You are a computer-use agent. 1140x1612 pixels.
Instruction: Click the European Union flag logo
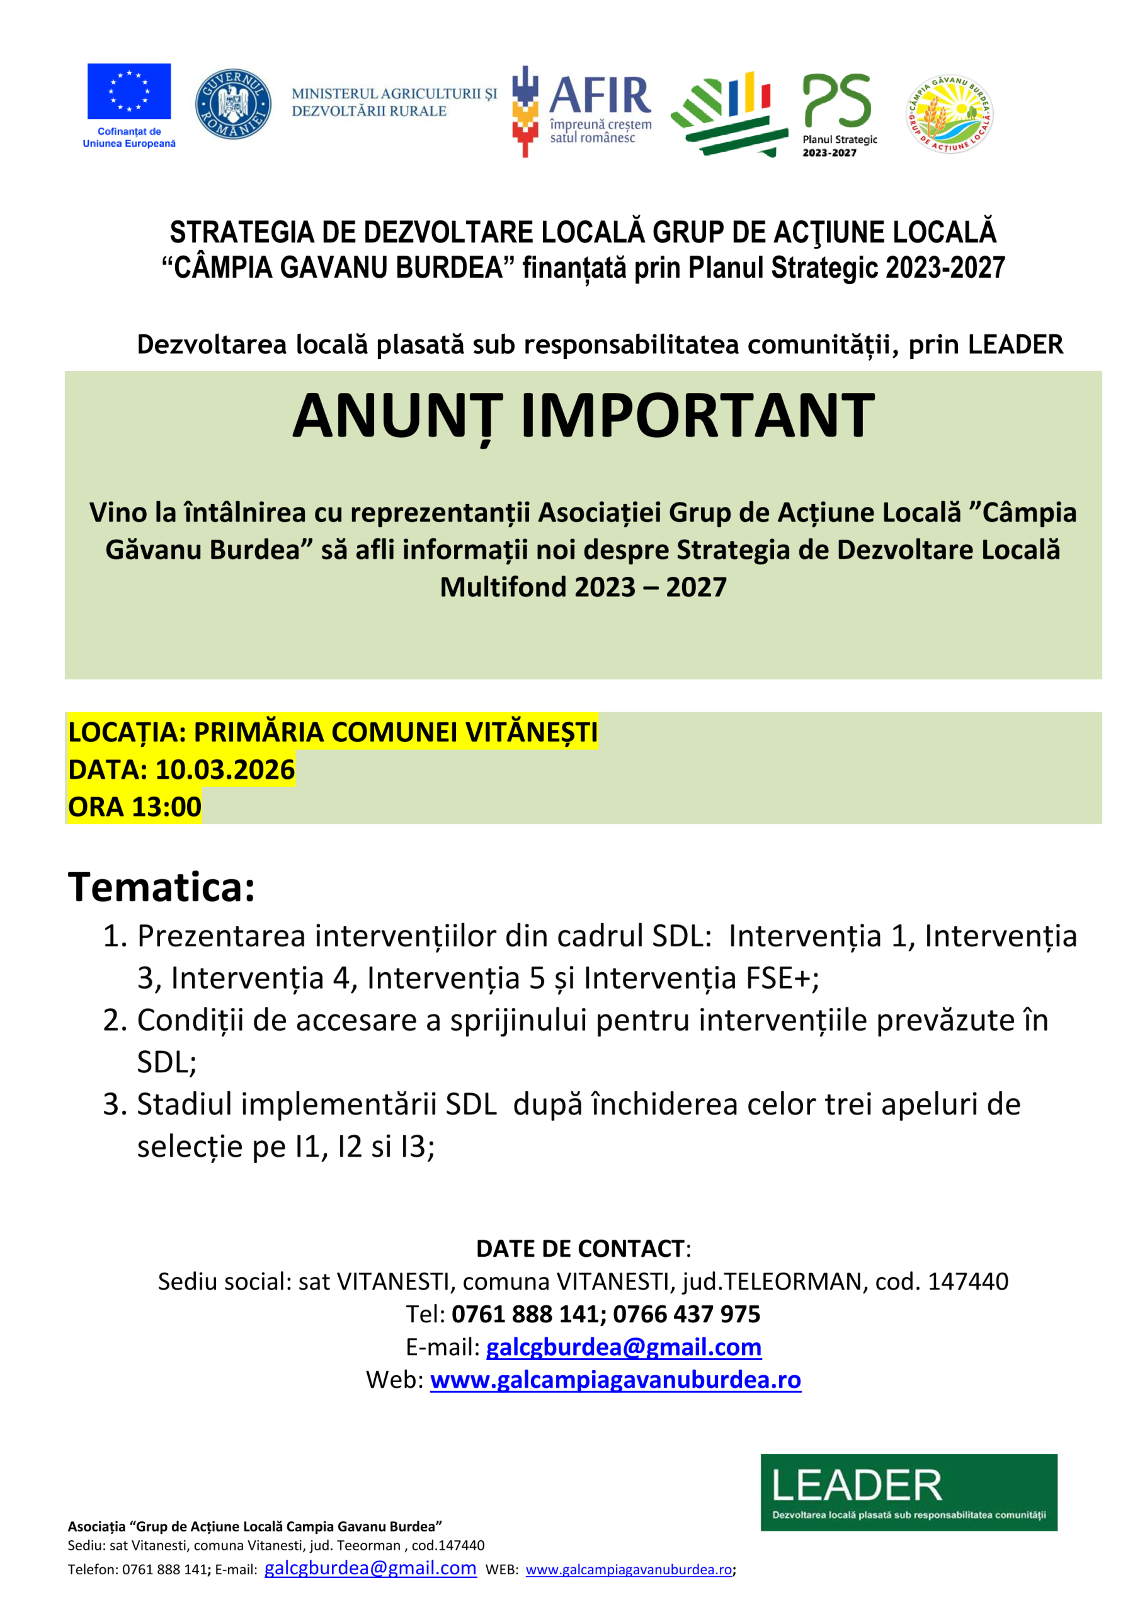[x=128, y=91]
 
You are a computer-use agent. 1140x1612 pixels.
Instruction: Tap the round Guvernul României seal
[x=233, y=104]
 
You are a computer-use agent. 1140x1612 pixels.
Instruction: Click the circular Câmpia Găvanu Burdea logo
[x=950, y=114]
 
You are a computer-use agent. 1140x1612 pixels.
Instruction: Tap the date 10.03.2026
[x=225, y=769]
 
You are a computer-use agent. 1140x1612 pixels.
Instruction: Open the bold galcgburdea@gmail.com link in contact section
[x=624, y=1347]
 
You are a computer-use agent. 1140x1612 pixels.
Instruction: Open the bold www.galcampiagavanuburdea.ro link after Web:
[x=615, y=1380]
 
